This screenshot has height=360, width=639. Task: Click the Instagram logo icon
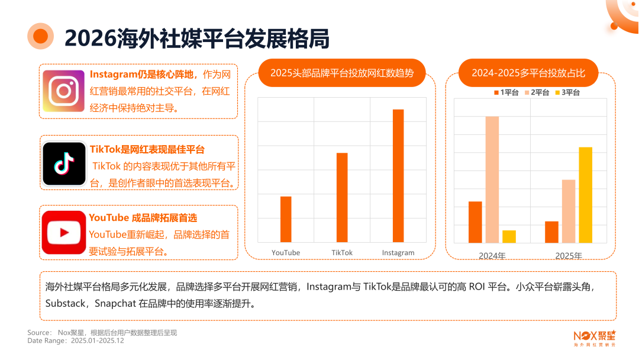(64, 91)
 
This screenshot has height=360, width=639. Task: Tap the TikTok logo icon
(64, 163)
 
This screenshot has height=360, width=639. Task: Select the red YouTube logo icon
(64, 233)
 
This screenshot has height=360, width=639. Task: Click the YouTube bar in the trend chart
(286, 219)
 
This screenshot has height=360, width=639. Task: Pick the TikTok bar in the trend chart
(342, 197)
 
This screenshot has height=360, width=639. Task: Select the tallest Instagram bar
(398, 176)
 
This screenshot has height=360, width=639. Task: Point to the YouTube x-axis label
(286, 253)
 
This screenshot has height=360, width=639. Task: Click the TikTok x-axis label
(342, 253)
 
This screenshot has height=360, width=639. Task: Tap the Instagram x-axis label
(398, 253)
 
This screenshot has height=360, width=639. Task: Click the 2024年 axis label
(492, 256)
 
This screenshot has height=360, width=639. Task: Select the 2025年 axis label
(568, 256)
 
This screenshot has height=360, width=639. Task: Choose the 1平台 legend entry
(506, 92)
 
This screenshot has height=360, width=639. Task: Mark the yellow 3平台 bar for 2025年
(585, 195)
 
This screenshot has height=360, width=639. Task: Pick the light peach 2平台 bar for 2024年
(492, 179)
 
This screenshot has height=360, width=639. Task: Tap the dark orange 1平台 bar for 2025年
(551, 232)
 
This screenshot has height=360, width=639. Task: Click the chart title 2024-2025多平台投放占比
(528, 73)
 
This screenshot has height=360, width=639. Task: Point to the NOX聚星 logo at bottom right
(594, 337)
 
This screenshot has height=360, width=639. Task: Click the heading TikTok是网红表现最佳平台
(147, 149)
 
